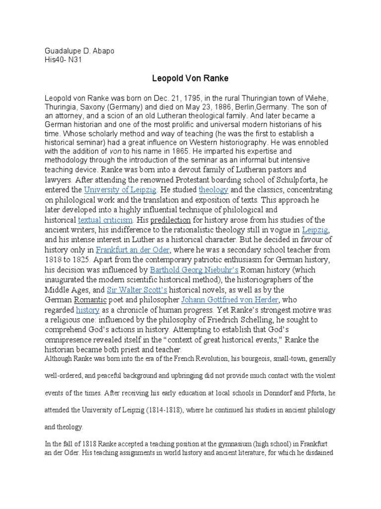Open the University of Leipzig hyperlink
click(121, 190)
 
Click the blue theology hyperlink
click(214, 190)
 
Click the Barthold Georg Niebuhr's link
click(194, 270)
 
